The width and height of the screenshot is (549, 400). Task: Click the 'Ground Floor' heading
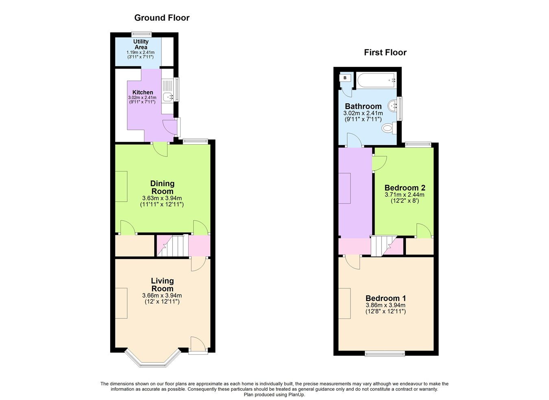[x=161, y=18]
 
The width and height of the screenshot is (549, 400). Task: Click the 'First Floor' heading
[x=385, y=52]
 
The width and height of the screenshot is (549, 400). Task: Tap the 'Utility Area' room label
[x=141, y=44]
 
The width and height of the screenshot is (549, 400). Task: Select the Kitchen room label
[x=143, y=92]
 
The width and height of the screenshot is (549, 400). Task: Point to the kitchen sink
[x=168, y=97]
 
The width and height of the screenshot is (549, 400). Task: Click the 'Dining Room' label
[x=162, y=187]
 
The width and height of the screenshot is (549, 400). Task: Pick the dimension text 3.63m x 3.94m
[x=162, y=198]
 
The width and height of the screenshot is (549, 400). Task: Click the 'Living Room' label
[x=162, y=285]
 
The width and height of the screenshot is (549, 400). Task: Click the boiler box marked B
[x=345, y=77]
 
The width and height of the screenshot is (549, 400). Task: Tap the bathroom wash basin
[x=393, y=106]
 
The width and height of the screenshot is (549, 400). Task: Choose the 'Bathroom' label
[x=363, y=106]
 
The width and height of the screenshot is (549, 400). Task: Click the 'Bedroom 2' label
[x=405, y=188]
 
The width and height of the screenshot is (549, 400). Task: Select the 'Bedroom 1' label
[x=386, y=298]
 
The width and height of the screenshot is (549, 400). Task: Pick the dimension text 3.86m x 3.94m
[x=386, y=305]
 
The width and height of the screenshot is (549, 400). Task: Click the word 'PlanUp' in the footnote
[x=296, y=394]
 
